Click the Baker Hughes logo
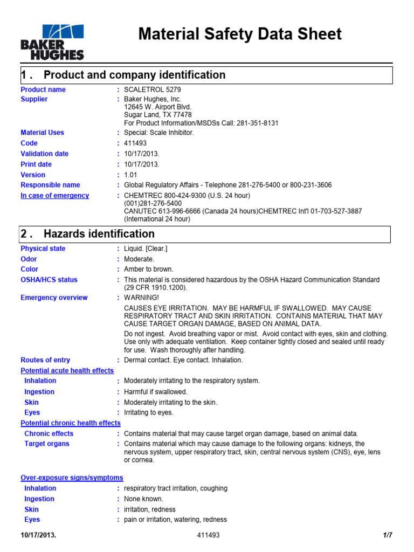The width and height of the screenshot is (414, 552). pos(52,41)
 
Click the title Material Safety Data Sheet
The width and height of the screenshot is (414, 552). pos(240,34)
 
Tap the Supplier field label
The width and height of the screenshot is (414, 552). pos(34,99)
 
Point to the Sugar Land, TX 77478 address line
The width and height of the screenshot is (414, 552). pos(158,115)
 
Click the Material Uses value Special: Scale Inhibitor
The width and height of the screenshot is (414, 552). pos(158,133)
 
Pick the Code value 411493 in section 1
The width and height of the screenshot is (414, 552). pos(135,143)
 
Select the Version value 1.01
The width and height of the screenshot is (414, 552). pos(131,175)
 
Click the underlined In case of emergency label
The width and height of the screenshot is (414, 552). pos(54,196)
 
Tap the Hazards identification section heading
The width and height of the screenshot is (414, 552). pos(99,234)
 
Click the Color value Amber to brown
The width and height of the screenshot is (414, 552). pos(149,269)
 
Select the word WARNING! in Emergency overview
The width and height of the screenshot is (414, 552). pos(142,298)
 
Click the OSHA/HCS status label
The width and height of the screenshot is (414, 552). pos(49,280)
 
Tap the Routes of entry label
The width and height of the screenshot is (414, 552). pos(45,360)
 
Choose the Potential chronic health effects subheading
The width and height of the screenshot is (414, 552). pos(71,423)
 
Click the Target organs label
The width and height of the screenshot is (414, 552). pos(47,444)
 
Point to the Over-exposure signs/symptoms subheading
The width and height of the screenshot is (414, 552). pos(72,478)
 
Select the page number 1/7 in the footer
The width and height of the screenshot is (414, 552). pos(387,535)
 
